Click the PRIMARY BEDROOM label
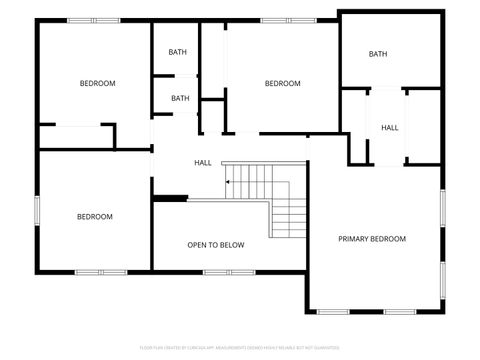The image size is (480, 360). (x=372, y=239)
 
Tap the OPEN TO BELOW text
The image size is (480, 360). (x=216, y=245)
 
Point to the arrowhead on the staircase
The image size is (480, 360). (x=229, y=183)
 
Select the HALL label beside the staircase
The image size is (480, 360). (x=202, y=163)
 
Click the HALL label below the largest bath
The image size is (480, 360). (x=389, y=128)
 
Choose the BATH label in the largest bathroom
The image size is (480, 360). (x=378, y=54)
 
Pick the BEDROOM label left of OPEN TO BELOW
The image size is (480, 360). (x=95, y=217)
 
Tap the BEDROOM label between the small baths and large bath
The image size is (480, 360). (x=282, y=84)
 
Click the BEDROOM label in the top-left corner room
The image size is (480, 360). (x=97, y=83)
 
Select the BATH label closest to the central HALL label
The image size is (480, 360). (x=180, y=98)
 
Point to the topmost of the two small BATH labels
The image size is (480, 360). (x=177, y=52)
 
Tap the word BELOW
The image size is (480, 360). (x=232, y=245)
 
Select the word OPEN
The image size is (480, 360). (x=197, y=245)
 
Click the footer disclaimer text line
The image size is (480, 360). (x=240, y=348)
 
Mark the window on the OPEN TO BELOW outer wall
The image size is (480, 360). (x=218, y=272)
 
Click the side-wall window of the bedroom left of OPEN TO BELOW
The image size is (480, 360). (x=38, y=212)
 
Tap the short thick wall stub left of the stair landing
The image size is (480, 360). (x=171, y=198)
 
